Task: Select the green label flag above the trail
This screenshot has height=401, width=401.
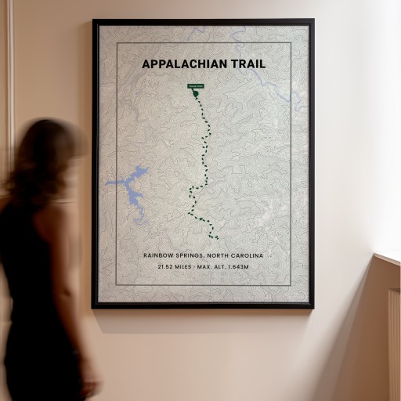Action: [x=195, y=85]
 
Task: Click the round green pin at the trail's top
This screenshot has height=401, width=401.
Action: [x=196, y=94]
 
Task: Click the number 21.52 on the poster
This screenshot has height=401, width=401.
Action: [x=165, y=267]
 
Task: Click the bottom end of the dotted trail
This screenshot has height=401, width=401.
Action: [x=217, y=237]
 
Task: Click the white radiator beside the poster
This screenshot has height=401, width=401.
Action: [x=393, y=337]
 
